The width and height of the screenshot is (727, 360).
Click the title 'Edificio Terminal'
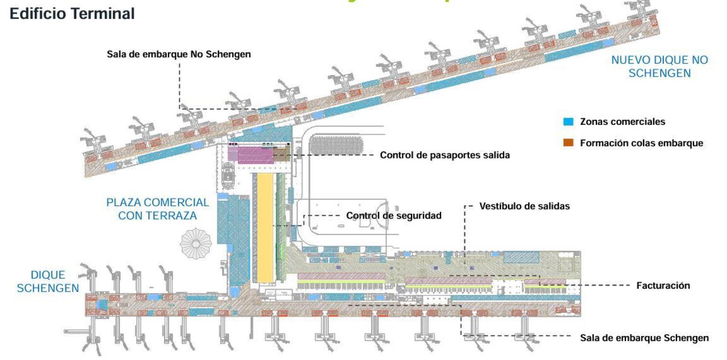pos(72,14)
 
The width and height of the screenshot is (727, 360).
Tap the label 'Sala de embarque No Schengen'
pos(179,54)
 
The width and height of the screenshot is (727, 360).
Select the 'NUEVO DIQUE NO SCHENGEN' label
pos(659,66)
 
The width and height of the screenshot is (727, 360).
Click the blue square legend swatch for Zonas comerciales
pos(568,121)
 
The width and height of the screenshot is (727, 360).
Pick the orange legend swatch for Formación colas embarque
pos(568,143)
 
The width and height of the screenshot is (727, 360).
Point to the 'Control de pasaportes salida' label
pos(444,155)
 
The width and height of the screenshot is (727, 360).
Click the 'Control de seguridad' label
pos(393,216)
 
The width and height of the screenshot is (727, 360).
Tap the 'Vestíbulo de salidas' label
pos(524,206)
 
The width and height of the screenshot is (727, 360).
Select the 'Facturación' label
pos(663,285)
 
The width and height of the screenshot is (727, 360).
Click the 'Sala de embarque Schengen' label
pos(644,338)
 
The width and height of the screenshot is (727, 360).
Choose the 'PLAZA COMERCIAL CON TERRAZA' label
pos(157,209)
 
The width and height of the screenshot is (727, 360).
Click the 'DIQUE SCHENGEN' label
pos(48,281)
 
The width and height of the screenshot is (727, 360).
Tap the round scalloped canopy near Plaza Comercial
pos(196,244)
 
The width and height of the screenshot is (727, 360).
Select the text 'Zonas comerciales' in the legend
pos(622,121)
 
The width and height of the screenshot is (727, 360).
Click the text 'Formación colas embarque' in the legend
pos(641,143)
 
